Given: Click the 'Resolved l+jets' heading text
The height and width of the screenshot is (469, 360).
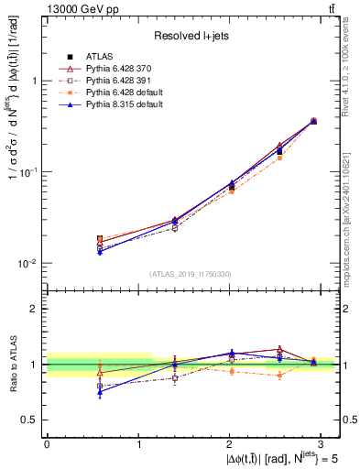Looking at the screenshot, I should [191, 35].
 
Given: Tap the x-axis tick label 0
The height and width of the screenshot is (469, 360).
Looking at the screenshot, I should [47, 442].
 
